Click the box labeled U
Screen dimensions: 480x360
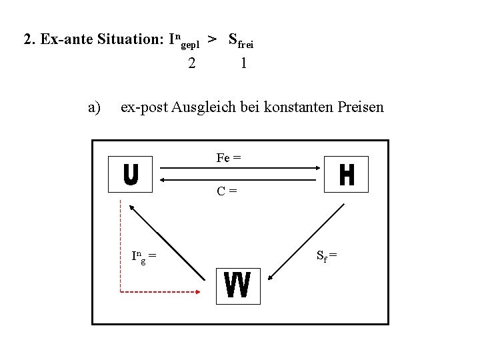pos(131,175)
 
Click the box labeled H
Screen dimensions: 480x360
pos(346,175)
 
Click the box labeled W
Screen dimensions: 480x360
pos(238,286)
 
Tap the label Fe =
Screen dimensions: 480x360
pos(229,158)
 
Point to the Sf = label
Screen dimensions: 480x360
pos(327,254)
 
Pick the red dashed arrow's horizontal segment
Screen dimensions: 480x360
pos(160,292)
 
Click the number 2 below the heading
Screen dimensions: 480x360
pos(192,63)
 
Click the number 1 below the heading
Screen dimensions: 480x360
pos(244,63)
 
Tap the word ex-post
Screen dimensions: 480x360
pos(143,107)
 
